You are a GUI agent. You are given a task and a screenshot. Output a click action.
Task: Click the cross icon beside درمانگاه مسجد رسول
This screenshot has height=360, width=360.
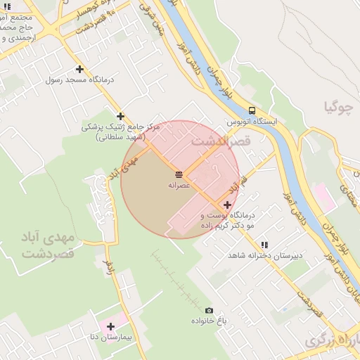click(79, 69)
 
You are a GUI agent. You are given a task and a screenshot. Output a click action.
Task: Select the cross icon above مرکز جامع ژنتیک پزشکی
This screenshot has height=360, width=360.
click(120, 116)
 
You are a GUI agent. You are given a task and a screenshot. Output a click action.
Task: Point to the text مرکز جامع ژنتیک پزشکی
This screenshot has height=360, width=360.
click(121, 127)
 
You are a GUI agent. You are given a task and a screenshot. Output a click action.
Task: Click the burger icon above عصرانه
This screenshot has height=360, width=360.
click(179, 173)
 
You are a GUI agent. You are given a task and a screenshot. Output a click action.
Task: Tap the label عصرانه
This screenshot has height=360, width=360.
click(179, 185)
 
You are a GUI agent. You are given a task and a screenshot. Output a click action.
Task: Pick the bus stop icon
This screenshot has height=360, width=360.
click(252, 110)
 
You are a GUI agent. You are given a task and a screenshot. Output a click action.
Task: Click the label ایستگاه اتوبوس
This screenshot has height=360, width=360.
click(252, 122)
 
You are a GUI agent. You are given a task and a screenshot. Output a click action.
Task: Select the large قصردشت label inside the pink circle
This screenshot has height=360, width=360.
click(220, 142)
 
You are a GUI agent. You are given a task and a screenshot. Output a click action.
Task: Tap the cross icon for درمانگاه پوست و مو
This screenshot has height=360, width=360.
click(227, 205)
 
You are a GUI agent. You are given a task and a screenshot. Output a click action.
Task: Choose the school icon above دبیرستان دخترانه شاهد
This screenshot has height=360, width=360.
click(264, 245)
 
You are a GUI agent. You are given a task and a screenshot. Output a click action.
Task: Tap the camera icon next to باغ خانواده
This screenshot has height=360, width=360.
click(209, 310)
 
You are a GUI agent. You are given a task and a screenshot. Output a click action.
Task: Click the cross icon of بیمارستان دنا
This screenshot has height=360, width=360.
click(110, 326)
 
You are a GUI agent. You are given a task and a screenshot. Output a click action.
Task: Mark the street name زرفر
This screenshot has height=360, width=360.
click(108, 265)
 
